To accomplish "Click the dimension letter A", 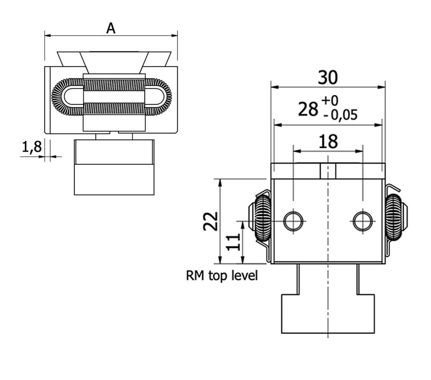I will coord(111,28).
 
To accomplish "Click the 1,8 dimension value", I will coord(32,147).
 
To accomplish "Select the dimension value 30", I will coord(328,78).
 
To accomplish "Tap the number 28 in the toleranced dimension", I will coord(309,109).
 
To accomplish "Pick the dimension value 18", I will coord(328,142).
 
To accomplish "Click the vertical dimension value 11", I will coord(234,243).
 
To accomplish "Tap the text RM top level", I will coord(222,276).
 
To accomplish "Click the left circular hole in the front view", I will coord(293,221).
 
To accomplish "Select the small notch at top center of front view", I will coord(328,171).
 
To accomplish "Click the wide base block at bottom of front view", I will coord(328,314).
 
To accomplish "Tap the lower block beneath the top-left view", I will coord(115,180).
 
